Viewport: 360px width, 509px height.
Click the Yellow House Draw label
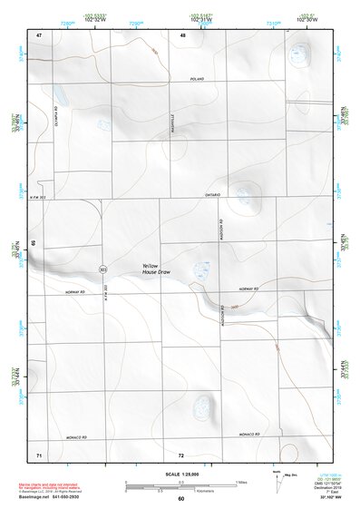coord(156,269)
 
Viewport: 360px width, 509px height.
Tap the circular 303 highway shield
coord(102,269)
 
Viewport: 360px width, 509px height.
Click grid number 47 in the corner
coord(39,34)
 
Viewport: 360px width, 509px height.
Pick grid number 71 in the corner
coord(39,454)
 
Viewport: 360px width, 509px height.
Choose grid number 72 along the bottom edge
coord(181,454)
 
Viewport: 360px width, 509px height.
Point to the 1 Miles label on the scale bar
coord(240,482)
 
